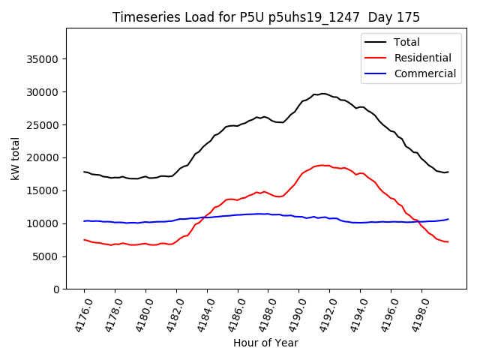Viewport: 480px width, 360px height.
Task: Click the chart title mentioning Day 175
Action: coord(266,17)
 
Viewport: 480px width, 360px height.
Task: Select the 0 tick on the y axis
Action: coord(55,289)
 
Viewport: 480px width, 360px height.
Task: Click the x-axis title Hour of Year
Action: coord(265,343)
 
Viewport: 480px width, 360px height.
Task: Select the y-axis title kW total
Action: coord(15,159)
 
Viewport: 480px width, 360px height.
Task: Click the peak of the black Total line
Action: coord(322,94)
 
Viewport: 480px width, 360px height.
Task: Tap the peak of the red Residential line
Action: coord(322,165)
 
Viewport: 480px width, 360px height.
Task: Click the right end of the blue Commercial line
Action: coord(448,219)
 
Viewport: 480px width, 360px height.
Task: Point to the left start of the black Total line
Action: coord(84,172)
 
